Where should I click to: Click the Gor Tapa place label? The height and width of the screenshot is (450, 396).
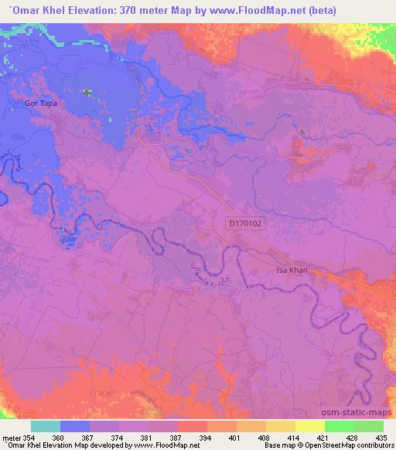click(42, 103)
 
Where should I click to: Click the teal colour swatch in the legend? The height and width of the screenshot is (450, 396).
click(46, 426)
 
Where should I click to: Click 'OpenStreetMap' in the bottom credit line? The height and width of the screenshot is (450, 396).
click(328, 445)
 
